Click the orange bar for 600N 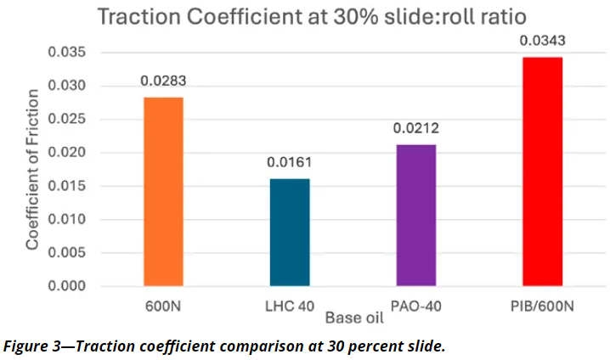163,191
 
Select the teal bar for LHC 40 290,232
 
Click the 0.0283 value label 163,82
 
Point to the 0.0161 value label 290,163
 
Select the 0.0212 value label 415,129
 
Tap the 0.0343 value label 542,41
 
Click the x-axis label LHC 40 290,307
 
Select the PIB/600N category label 542,307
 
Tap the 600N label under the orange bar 163,307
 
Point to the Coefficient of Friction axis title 32,170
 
